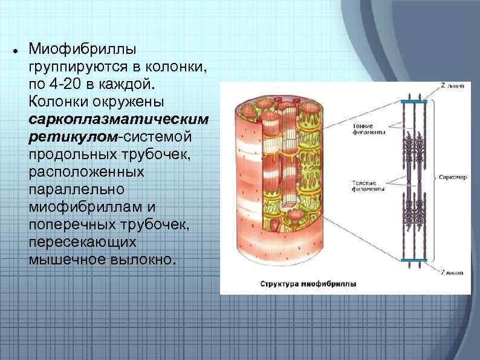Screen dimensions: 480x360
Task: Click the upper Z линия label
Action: pyautogui.click(x=452, y=87)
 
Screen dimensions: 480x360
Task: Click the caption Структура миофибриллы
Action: pyautogui.click(x=308, y=283)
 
